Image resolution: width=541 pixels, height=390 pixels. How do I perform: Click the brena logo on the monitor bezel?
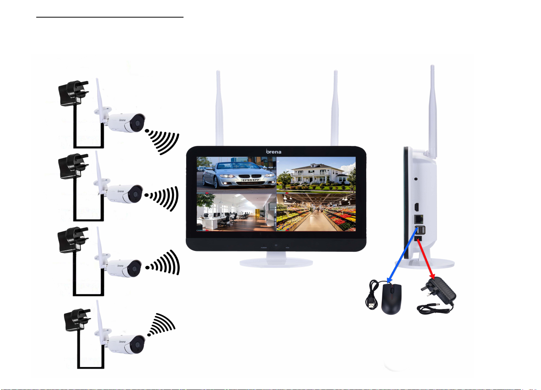coord(274,152)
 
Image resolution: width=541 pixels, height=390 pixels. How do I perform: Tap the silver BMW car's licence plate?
coord(251,180)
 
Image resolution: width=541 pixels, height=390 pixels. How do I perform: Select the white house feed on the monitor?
coord(316,174)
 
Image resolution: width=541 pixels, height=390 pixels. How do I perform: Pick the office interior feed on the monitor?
coord(236,212)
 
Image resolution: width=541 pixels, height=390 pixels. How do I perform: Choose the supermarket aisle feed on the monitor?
coord(316,212)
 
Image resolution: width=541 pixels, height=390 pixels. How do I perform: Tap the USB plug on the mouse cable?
coord(370,305)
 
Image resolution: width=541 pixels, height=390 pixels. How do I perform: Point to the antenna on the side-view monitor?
coord(433,111)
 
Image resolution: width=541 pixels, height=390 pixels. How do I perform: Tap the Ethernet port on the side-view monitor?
coord(419,219)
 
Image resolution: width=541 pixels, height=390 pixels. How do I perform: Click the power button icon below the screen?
coord(276,245)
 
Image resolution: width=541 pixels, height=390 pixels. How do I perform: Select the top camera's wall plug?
coord(72,93)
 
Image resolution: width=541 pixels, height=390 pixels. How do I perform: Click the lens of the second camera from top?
coord(135,195)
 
